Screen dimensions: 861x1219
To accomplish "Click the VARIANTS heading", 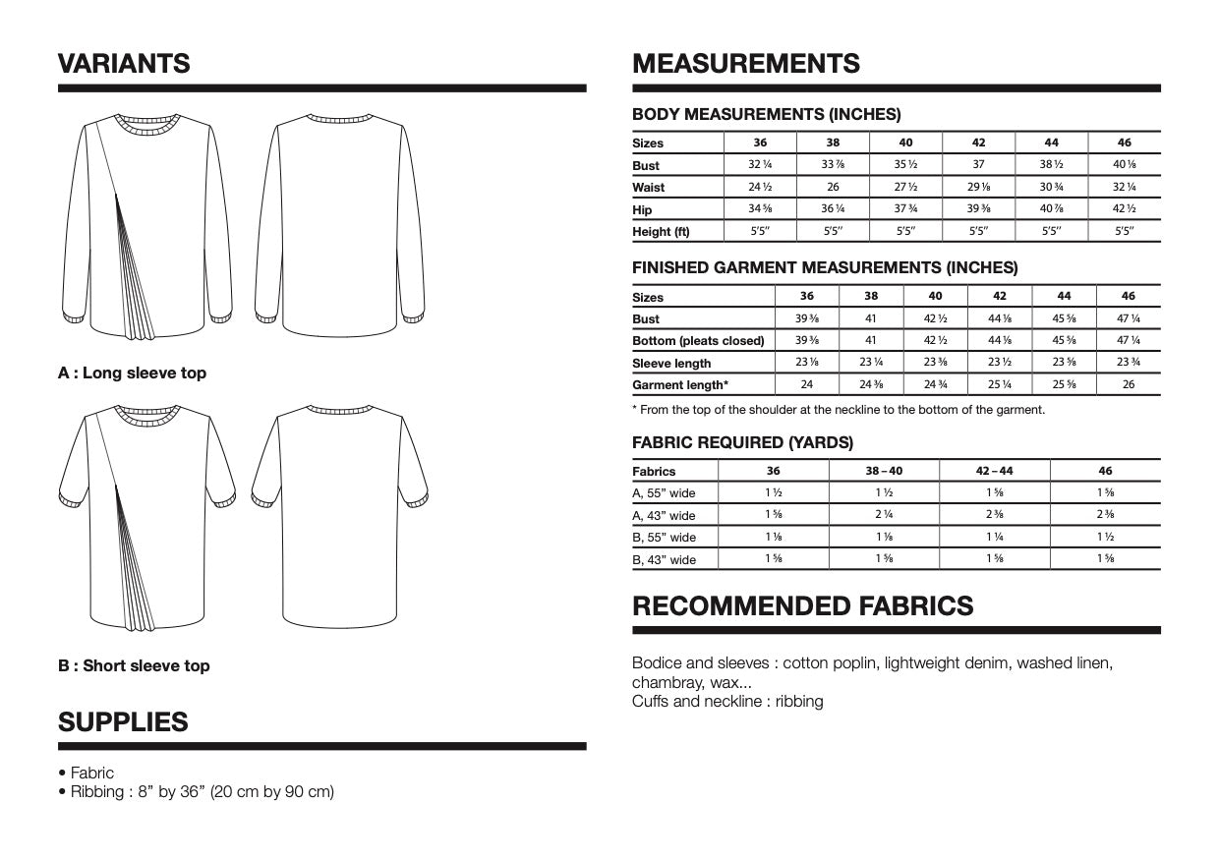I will coord(124,64).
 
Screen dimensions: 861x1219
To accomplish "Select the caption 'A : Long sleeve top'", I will coord(132,373).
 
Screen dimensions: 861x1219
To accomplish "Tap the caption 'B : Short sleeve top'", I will coord(134,666).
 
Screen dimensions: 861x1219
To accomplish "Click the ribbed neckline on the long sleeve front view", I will coord(148,124).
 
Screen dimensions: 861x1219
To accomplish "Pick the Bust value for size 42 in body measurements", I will coord(978,165).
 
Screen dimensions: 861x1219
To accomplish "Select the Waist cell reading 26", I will coord(833,187).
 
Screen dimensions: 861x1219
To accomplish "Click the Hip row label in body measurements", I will coord(642,209).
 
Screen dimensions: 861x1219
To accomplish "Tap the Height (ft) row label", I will coord(661,232).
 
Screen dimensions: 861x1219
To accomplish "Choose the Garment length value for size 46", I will coord(1128,384).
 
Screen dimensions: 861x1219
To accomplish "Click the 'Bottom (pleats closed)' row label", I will coord(698,341).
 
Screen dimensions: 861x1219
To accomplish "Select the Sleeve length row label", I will coord(671,363).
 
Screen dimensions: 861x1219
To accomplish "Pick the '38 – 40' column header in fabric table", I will coord(884,471).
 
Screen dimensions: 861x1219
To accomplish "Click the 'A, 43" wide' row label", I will coord(664,515).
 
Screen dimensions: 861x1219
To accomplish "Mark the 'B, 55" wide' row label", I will coord(664,538).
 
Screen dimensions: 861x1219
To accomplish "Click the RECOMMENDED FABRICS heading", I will coord(803,605).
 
